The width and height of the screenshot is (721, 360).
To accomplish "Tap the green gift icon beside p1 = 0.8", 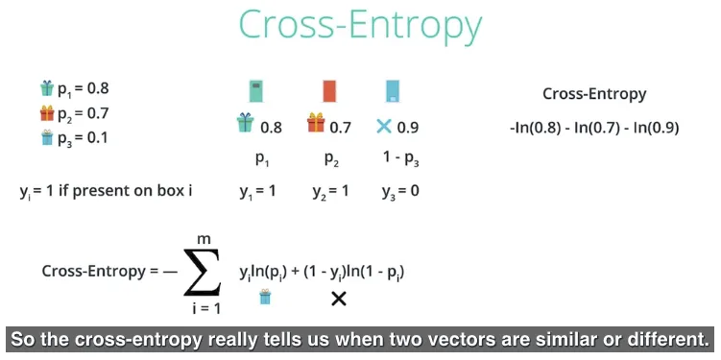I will coord(46,88).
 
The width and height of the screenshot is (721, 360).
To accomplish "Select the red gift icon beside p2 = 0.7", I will coord(46,112).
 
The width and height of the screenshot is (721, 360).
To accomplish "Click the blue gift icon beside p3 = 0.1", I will coord(46,137).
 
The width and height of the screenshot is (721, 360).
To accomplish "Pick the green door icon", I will coord(256,91).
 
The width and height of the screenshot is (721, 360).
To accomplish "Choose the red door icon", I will coord(328,91).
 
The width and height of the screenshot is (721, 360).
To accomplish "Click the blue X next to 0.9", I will coord(384,126).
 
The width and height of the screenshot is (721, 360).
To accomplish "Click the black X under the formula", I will coord(338,299).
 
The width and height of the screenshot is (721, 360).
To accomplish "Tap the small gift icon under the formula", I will coord(265,298).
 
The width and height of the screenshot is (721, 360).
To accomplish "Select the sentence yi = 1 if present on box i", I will coord(106,190).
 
